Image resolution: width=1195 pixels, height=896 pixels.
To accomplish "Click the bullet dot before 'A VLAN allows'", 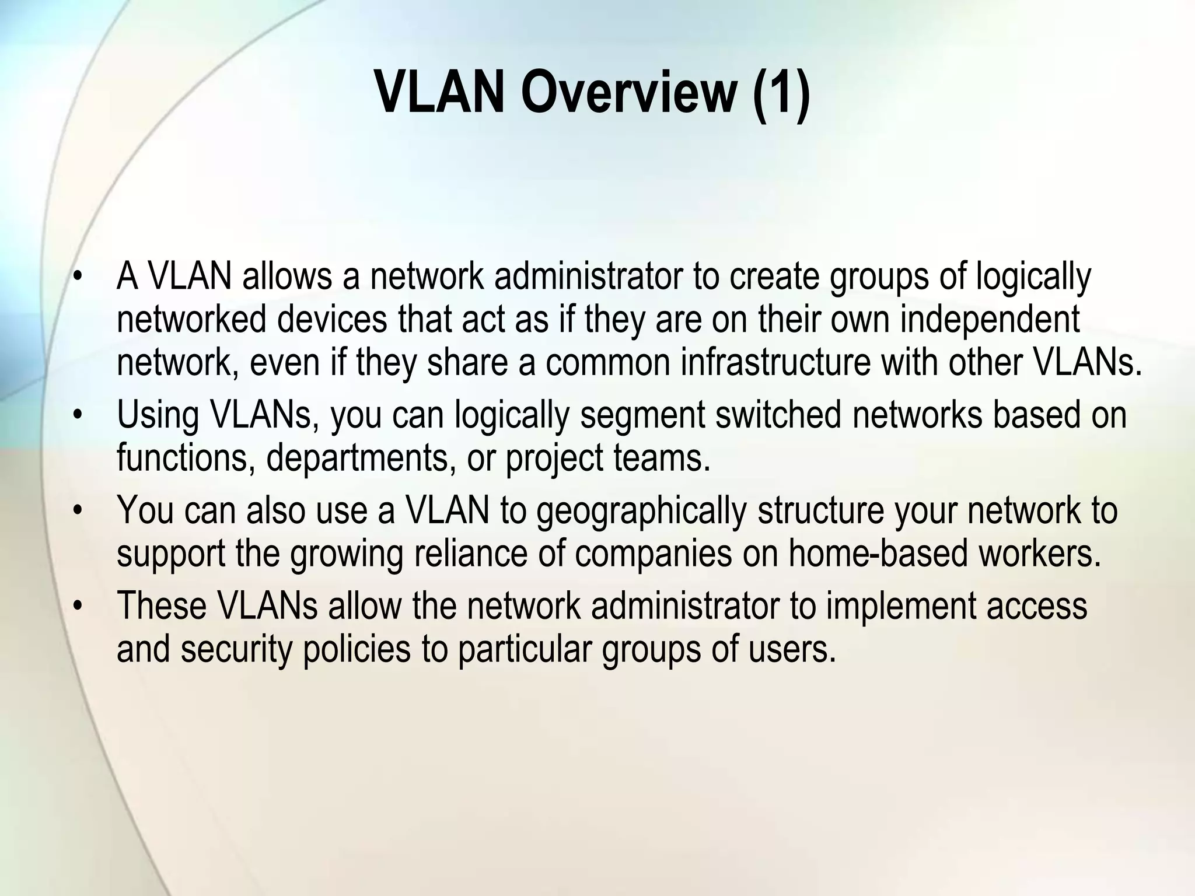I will pyautogui.click(x=76, y=277).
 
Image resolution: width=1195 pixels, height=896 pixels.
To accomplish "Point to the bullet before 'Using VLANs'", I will pyautogui.click(x=76, y=415).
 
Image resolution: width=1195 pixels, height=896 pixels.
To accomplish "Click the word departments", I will pyautogui.click(x=361, y=459).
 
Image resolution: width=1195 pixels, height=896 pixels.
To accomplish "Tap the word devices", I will pyautogui.click(x=332, y=320).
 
